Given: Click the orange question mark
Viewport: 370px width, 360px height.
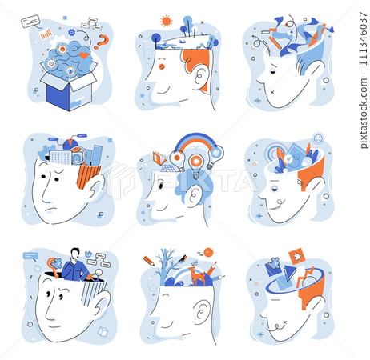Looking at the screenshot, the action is (102, 42).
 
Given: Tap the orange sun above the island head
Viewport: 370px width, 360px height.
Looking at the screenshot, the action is (167, 21).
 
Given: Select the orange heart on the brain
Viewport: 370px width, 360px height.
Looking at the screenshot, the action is (84, 55).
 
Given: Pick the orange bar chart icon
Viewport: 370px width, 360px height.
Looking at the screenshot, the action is (46, 34).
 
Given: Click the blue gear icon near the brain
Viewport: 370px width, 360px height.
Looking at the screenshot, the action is (71, 33).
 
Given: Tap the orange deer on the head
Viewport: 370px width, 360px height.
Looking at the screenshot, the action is (198, 274).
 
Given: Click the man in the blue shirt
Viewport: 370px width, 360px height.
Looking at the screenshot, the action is (75, 266).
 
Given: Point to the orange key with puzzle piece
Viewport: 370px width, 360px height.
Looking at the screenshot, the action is (54, 266).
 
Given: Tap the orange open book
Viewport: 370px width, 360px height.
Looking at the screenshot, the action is (159, 158).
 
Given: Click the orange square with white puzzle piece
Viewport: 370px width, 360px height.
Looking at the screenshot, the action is (297, 256).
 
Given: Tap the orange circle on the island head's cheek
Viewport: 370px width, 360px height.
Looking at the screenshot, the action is (162, 66).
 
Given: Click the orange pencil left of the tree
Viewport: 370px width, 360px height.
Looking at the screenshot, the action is (149, 261).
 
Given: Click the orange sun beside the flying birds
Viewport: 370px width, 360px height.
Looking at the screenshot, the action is (208, 252).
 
